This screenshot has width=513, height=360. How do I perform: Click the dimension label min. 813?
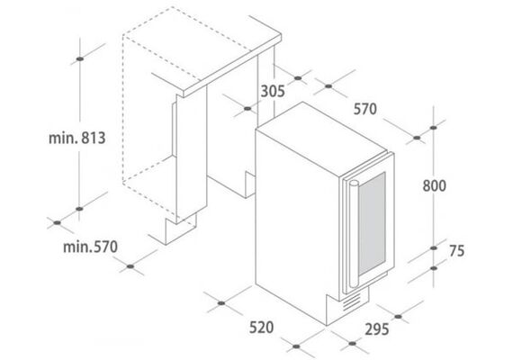(x=76, y=138)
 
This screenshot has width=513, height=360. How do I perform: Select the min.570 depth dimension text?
(x=90, y=247)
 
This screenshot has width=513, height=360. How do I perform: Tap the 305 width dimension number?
(x=273, y=91)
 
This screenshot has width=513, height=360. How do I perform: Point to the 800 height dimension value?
(x=434, y=185)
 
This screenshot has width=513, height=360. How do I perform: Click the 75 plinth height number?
(x=456, y=251)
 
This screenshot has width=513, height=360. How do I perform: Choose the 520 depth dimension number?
(x=261, y=328)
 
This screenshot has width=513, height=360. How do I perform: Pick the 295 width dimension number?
(x=377, y=329)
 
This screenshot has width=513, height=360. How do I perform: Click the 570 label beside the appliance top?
(x=365, y=109)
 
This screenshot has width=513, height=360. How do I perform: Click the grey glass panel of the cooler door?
(x=372, y=225)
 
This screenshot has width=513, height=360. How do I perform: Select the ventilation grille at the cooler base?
(x=352, y=302)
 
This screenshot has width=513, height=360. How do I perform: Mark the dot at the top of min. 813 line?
(x=79, y=58)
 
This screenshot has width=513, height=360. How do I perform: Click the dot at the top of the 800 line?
(x=434, y=128)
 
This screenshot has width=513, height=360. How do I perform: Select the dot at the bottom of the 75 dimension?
(x=434, y=268)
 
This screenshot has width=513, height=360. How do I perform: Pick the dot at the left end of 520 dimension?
(x=221, y=303)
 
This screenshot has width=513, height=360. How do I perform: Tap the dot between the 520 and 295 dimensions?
(x=296, y=346)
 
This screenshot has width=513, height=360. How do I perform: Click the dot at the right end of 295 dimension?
(x=398, y=317)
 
